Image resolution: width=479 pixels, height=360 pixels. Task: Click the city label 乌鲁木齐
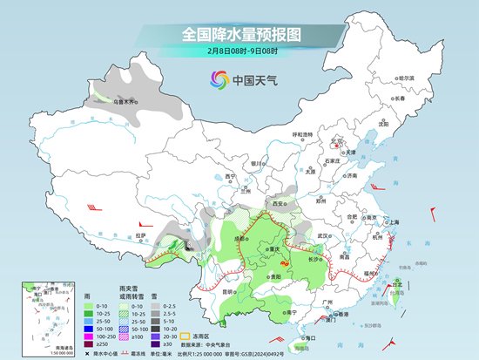pyautogui.click(x=103, y=103)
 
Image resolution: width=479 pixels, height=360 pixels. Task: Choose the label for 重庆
pyautogui.click(x=279, y=249)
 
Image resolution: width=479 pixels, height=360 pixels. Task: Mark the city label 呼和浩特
pyautogui.click(x=302, y=134)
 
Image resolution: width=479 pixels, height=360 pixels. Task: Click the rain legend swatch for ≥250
pyautogui.click(x=90, y=343)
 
